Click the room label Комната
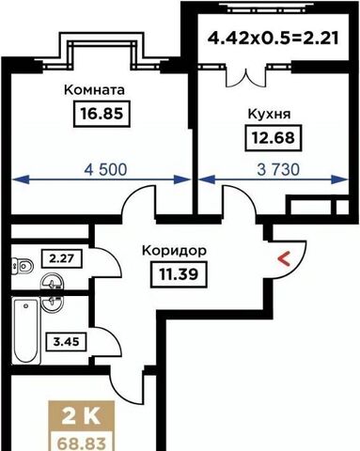94,90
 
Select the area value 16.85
102,114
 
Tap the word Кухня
269,114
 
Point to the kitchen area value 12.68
274,138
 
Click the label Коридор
174,251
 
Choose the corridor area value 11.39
179,274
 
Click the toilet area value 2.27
62,258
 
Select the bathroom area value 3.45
66,342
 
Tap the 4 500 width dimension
106,169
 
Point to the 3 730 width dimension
278,169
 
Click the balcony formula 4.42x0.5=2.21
274,39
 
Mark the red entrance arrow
284,259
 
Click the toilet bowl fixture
23,267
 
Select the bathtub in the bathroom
26,331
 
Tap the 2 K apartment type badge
82,416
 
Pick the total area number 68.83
82,443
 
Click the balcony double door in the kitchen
246,78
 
